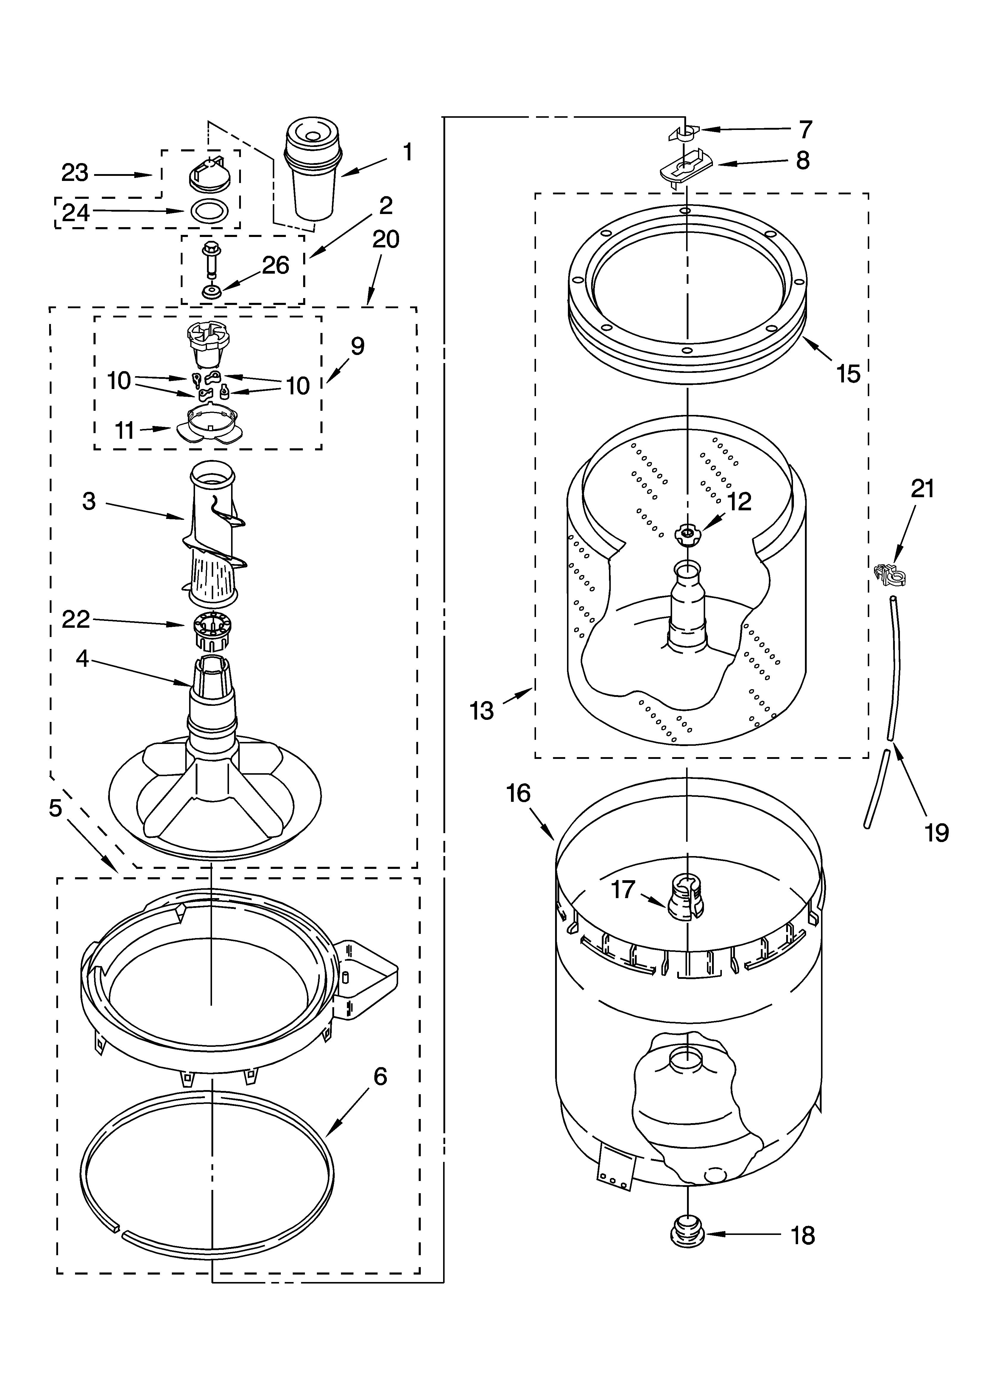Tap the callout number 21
[x=922, y=489]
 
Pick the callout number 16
[x=518, y=793]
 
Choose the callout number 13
[x=482, y=710]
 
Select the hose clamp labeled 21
[x=890, y=574]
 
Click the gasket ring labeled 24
[x=209, y=211]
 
